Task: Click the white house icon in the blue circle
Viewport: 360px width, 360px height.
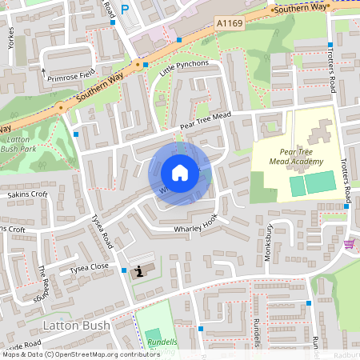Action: click(180, 173)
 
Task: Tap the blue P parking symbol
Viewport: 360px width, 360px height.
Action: click(124, 9)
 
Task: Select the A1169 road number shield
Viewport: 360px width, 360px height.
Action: click(229, 26)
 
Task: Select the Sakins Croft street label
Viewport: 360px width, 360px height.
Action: click(27, 194)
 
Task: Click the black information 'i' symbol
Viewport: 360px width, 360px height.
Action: click(142, 270)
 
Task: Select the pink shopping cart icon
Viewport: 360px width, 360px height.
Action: click(349, 244)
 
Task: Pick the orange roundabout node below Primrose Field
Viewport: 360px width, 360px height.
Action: click(60, 107)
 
